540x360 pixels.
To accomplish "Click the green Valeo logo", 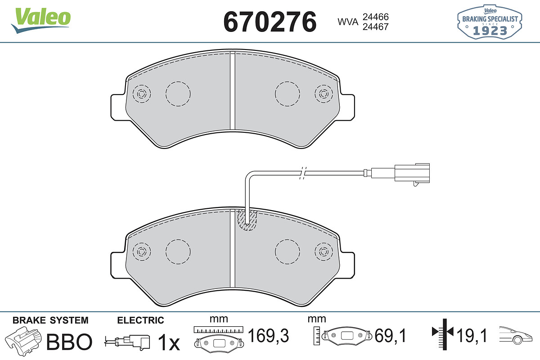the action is click(x=41, y=20).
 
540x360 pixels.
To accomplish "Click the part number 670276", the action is click(x=270, y=22).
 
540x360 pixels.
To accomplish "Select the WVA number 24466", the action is click(x=376, y=17).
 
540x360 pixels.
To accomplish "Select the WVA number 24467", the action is click(x=376, y=27).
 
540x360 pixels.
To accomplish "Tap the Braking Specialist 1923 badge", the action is click(x=490, y=22).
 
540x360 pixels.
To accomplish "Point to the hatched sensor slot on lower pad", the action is click(x=247, y=220).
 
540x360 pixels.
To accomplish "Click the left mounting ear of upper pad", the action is click(x=118, y=107).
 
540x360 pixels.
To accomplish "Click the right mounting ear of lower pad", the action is click(x=347, y=265).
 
